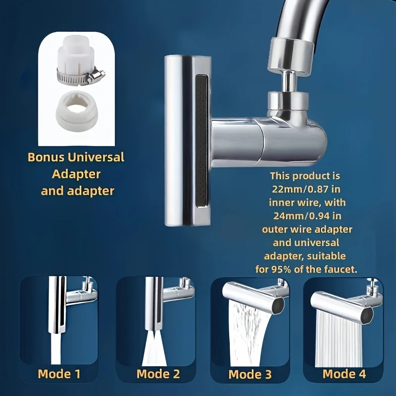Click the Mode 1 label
59,373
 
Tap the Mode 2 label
158,373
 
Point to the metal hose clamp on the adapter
79,77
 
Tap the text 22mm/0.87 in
304,189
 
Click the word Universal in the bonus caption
96,158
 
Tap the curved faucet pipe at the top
317,20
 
